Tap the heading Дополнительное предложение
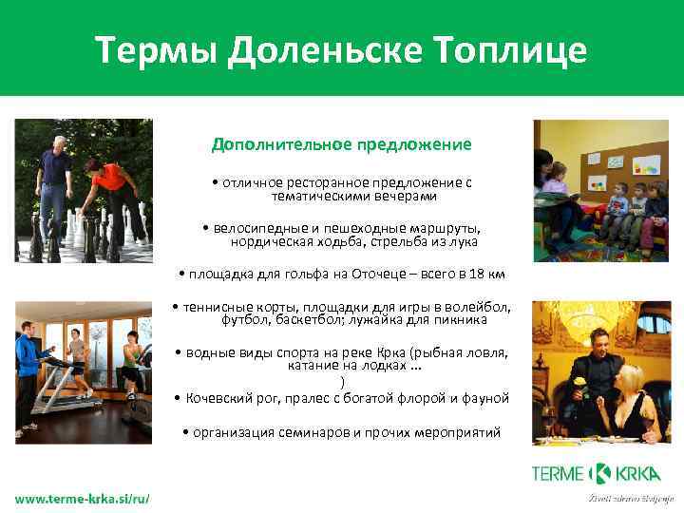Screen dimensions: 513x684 pos(341,145)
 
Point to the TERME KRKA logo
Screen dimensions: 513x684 pos(597,473)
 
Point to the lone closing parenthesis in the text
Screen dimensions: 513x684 pos(341,382)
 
